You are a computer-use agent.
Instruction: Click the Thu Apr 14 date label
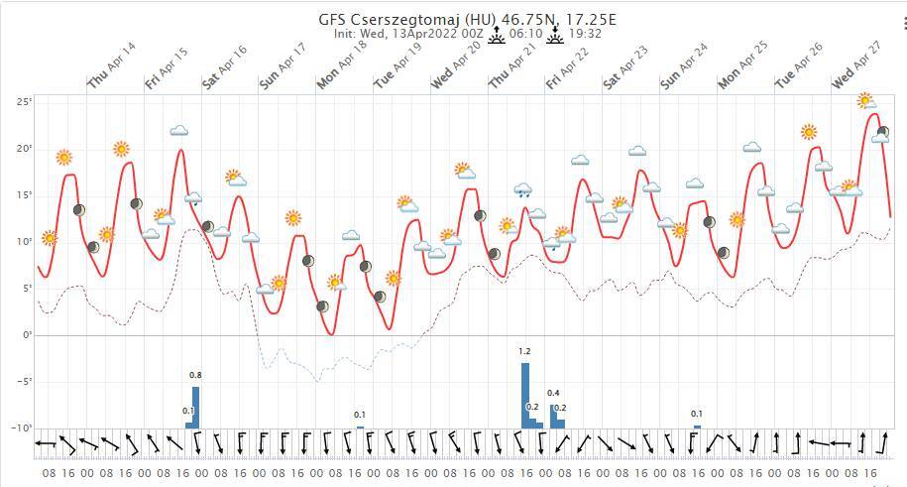(x=111, y=66)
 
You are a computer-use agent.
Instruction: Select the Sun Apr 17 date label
(x=283, y=66)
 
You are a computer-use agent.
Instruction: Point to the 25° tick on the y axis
(x=25, y=102)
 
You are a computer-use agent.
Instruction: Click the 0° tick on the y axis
(x=27, y=335)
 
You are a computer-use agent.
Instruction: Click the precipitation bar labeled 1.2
(x=525, y=395)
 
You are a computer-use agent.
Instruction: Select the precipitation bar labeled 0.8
(x=195, y=407)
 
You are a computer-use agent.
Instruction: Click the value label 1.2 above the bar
(x=525, y=352)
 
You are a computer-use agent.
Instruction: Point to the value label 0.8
(x=195, y=375)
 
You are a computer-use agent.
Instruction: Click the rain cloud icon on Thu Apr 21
(x=523, y=189)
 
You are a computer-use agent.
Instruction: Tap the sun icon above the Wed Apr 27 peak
(x=865, y=100)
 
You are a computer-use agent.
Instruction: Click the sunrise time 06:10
(x=525, y=34)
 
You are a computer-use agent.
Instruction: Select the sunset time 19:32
(x=585, y=34)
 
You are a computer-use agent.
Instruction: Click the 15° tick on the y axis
(x=25, y=195)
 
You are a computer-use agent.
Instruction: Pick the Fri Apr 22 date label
(x=568, y=66)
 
